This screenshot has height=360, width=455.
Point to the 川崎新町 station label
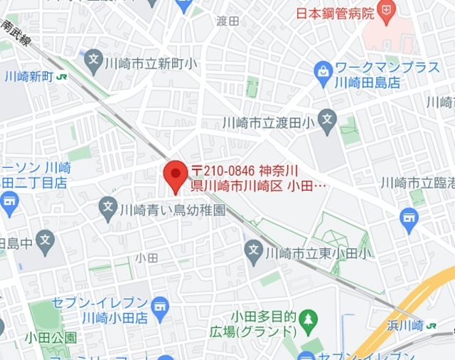[x=27, y=75]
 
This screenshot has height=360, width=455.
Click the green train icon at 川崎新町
[x=63, y=76]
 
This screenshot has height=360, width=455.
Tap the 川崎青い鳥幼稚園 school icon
[x=108, y=208]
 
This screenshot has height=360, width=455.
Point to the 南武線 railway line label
[x=15, y=32]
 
